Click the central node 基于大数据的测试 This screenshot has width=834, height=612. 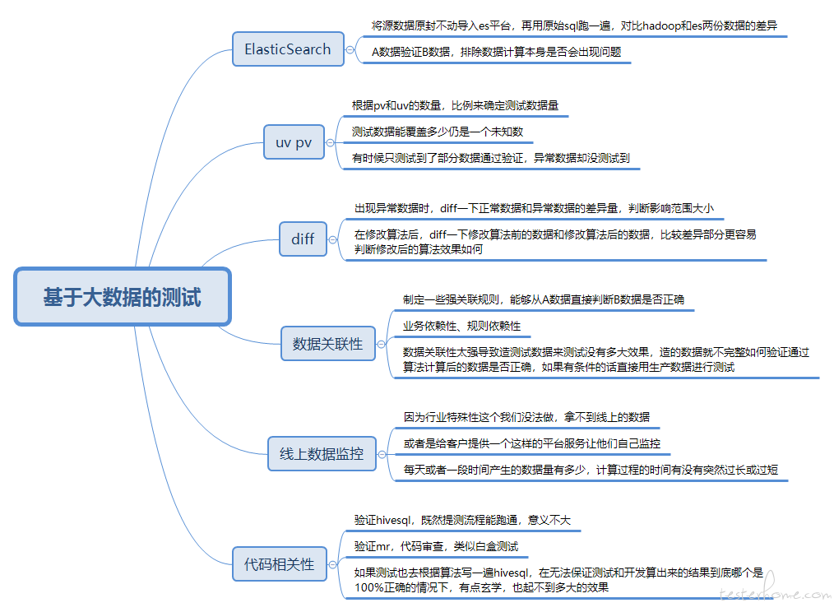[123, 296]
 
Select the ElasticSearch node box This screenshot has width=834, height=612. [288, 49]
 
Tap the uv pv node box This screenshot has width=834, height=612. [294, 142]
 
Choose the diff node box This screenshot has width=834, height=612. [303, 239]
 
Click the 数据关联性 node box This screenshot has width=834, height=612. [327, 344]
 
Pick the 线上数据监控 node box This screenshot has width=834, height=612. [322, 454]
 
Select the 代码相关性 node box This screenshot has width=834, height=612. [280, 564]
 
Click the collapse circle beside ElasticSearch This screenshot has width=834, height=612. [350, 49]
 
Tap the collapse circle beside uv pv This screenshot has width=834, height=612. [331, 142]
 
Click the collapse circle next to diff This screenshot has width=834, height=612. [333, 239]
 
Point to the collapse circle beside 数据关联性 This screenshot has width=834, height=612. [382, 345]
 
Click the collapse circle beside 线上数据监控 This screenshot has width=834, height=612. [382, 455]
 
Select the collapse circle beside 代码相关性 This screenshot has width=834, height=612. [333, 564]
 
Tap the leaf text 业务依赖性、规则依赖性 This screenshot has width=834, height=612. [461, 326]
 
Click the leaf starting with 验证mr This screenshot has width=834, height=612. [436, 546]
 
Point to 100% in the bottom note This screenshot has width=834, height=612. [366, 587]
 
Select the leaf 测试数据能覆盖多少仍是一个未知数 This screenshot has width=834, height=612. [438, 132]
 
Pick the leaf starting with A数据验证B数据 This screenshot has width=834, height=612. [496, 52]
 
